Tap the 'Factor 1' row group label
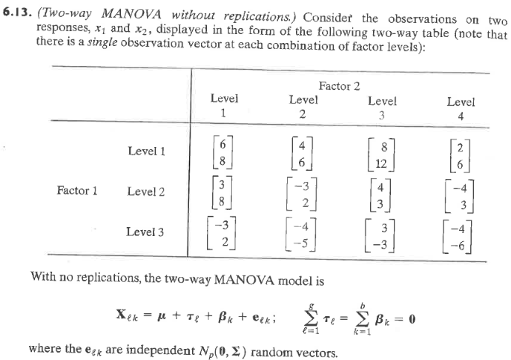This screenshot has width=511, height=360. click(76, 191)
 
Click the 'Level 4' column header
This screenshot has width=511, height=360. click(461, 108)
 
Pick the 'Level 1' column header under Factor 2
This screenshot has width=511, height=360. click(224, 105)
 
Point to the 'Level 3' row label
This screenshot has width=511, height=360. click(146, 232)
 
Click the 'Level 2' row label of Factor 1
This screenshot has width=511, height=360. click(146, 191)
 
